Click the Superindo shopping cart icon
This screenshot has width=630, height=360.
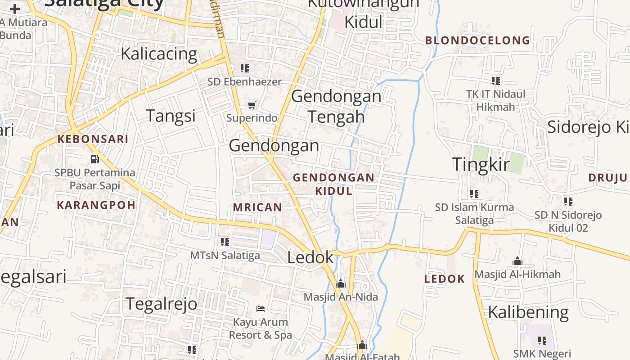(x=252, y=105)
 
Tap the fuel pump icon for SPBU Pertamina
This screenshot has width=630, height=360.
(x=94, y=159)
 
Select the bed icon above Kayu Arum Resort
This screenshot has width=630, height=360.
(x=260, y=309)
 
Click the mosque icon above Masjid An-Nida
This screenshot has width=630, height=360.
(x=340, y=283)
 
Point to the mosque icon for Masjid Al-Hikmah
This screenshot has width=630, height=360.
(x=517, y=261)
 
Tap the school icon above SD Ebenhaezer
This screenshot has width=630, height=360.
(x=244, y=68)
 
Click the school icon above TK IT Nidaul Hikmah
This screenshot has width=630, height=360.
(x=495, y=81)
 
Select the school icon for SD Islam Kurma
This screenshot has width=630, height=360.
(x=474, y=194)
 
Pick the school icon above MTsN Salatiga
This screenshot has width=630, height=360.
(x=225, y=242)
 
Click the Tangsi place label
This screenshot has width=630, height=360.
(x=171, y=116)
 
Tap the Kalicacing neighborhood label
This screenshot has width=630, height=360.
(x=159, y=54)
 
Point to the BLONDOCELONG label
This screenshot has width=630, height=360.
(x=477, y=40)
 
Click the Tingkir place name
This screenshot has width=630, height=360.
(x=481, y=164)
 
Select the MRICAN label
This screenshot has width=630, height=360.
(x=257, y=207)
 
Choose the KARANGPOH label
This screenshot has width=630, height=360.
(x=96, y=205)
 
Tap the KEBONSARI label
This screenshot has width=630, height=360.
(x=93, y=139)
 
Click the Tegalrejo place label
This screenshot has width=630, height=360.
(x=161, y=304)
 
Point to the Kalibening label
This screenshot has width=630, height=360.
(x=528, y=312)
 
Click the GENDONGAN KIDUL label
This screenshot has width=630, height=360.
(x=333, y=184)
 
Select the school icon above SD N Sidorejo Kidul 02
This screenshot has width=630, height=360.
(x=568, y=202)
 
